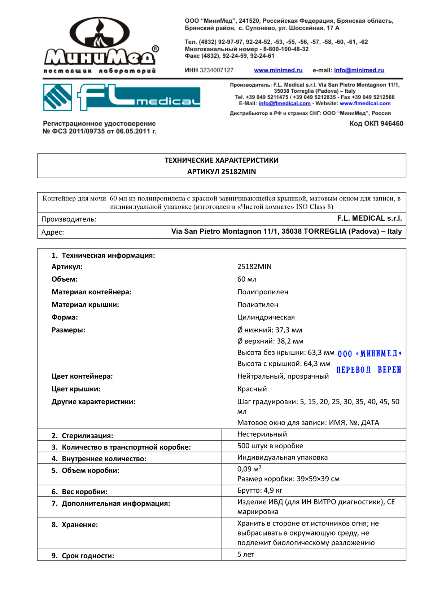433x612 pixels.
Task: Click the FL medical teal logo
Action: (x=122, y=97)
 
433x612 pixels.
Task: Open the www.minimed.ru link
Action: (x=278, y=70)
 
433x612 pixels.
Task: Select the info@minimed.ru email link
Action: (x=359, y=70)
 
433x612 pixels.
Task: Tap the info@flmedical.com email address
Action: (x=284, y=104)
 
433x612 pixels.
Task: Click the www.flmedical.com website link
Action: (x=365, y=104)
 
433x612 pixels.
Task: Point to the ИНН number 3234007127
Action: (x=216, y=70)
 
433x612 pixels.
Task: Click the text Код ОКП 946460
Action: (x=376, y=124)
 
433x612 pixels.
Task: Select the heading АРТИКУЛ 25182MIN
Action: (x=222, y=172)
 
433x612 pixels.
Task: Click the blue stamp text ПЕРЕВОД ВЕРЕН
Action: (x=369, y=370)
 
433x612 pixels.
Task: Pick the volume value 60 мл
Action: (x=247, y=279)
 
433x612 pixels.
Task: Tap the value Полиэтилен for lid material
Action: (x=258, y=305)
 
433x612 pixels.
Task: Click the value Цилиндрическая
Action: (x=266, y=317)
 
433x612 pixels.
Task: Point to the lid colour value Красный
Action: (x=252, y=389)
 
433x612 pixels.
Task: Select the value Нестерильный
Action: (x=262, y=434)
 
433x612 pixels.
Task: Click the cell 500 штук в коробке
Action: (x=270, y=446)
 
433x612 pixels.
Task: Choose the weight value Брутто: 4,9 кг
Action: (x=259, y=490)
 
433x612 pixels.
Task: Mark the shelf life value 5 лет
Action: (x=246, y=554)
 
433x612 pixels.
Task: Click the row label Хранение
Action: (x=79, y=525)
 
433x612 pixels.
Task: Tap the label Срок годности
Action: (x=88, y=556)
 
